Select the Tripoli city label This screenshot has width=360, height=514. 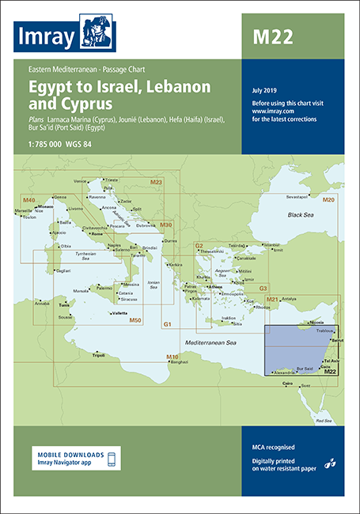98,355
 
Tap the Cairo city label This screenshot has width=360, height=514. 287,383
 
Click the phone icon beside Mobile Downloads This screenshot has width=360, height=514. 112,459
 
